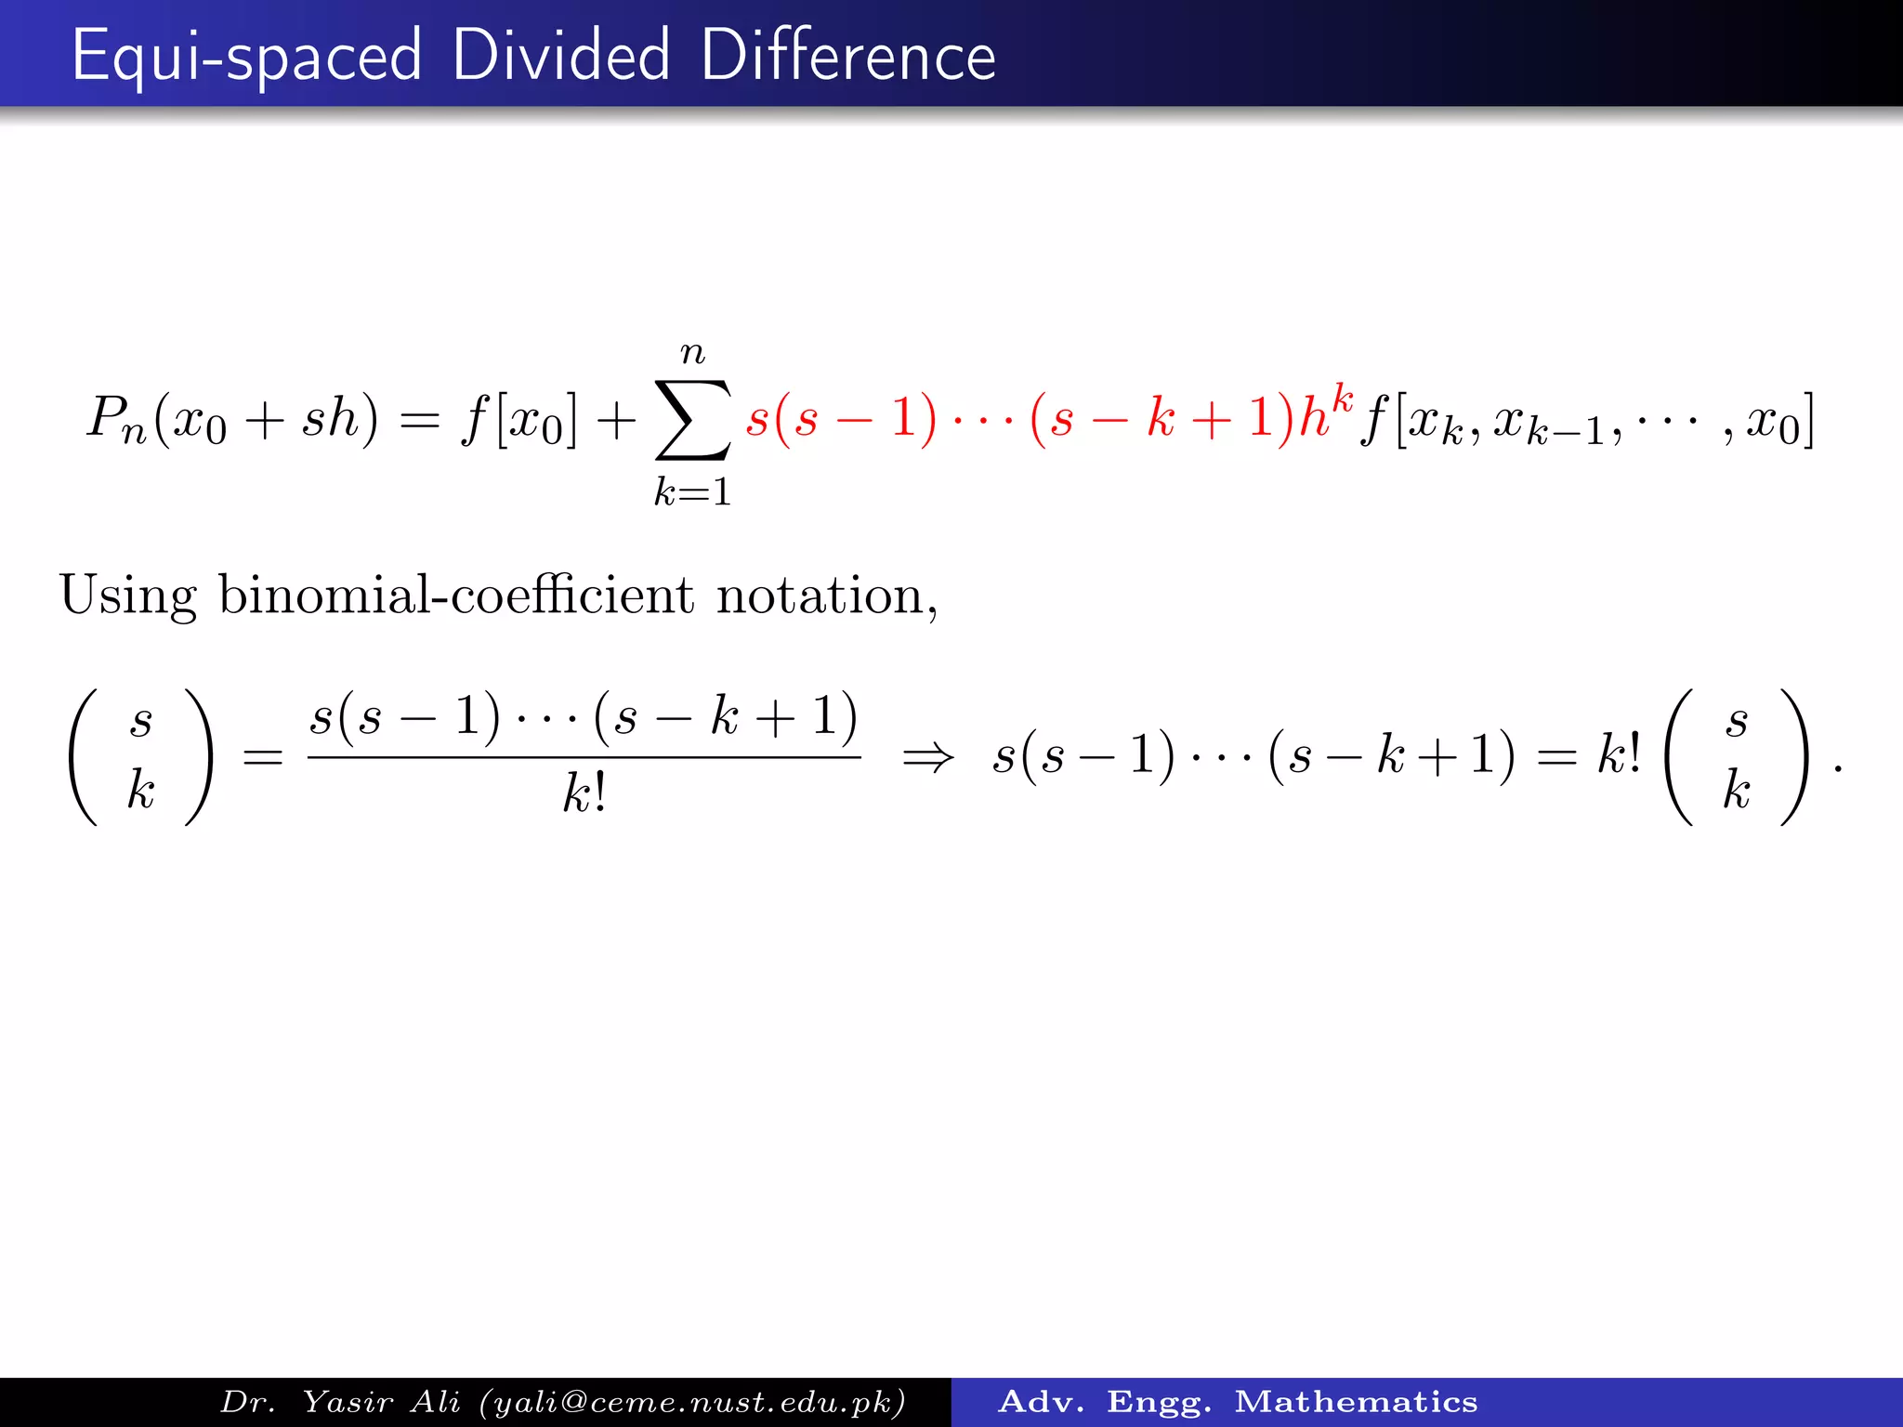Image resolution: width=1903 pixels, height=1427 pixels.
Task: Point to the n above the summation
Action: click(692, 353)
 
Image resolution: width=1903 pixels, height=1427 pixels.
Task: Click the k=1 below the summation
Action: click(692, 491)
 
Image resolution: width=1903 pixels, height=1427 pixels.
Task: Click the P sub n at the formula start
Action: click(116, 418)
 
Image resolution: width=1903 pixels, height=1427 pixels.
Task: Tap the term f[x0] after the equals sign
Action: click(518, 420)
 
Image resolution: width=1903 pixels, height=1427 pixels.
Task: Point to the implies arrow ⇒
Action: click(927, 757)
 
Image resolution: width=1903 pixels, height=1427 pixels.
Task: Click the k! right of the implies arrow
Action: click(1619, 753)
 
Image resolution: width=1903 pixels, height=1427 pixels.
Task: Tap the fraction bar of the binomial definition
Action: click(584, 757)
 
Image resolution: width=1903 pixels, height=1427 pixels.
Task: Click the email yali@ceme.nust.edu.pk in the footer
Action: click(691, 1402)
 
